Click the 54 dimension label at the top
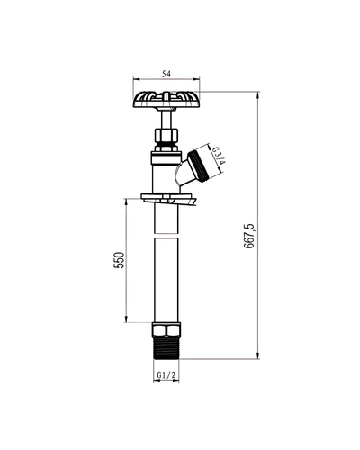point(166,74)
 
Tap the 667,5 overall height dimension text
point(249,236)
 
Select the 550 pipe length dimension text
point(119,260)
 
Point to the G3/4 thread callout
point(219,157)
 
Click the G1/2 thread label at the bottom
point(166,374)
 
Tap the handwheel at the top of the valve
point(166,99)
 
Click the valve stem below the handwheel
point(166,120)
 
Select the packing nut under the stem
point(166,138)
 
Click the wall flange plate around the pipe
point(168,199)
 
